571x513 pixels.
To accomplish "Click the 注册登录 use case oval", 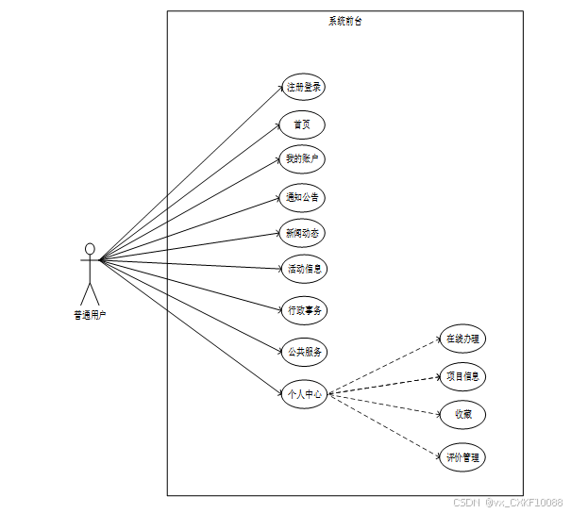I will pyautogui.click(x=304, y=88).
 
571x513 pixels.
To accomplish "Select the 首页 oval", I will pyautogui.click(x=302, y=124).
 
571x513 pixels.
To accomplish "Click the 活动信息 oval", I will pyautogui.click(x=304, y=269).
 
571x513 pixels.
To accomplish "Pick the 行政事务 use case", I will pyautogui.click(x=305, y=308).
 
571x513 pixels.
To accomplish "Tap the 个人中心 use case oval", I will pyautogui.click(x=305, y=394).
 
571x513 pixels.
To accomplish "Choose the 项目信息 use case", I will pyautogui.click(x=463, y=376).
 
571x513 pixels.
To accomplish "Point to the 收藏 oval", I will pyautogui.click(x=463, y=413).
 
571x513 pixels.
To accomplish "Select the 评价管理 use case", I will pyautogui.click(x=463, y=458).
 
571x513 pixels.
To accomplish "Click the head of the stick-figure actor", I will pyautogui.click(x=90, y=250).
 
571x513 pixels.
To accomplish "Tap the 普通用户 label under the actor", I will pyautogui.click(x=90, y=316).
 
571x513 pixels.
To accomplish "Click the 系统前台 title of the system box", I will pyautogui.click(x=344, y=21).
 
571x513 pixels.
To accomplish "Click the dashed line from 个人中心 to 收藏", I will pyautogui.click(x=387, y=404).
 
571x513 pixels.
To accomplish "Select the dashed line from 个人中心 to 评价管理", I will pyautogui.click(x=387, y=427).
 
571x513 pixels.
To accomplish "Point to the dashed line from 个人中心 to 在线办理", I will pyautogui.click(x=387, y=366).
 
